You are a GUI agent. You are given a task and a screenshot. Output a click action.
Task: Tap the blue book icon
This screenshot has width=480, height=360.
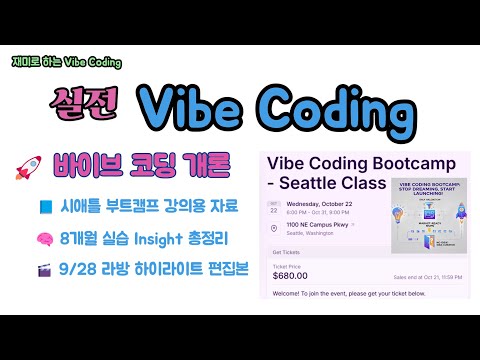[x=46, y=206]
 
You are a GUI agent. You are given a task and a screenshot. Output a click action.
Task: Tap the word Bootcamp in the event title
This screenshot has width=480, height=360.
[x=399, y=162]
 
